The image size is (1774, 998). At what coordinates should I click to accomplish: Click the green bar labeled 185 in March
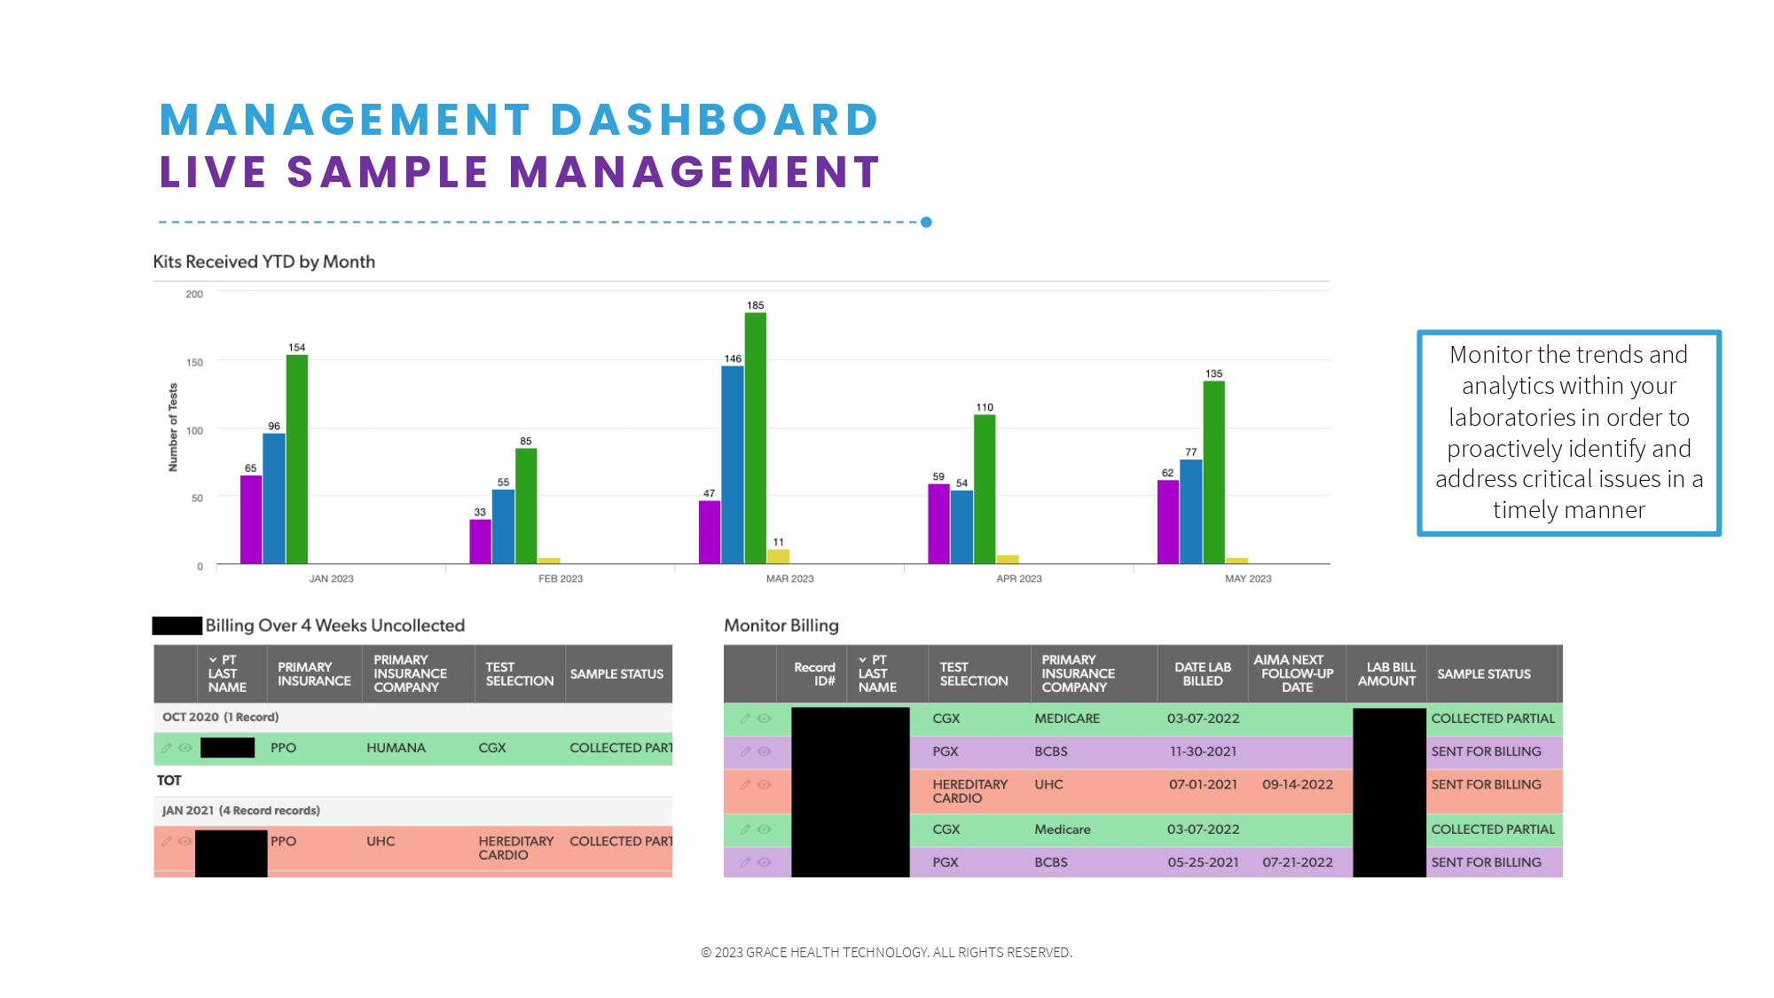[755, 438]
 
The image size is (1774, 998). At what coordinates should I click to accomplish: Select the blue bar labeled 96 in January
[274, 499]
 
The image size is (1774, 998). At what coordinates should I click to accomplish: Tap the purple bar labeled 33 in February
[480, 542]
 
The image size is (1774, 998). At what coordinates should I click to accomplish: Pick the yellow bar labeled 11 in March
[778, 557]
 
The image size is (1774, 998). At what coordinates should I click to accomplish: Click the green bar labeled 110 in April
[985, 489]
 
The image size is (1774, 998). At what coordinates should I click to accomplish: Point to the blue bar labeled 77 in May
[1190, 511]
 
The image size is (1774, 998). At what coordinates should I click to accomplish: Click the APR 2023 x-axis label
[1018, 578]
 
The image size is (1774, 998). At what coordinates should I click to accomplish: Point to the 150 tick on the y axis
[194, 362]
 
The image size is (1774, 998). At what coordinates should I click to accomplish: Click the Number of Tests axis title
[173, 428]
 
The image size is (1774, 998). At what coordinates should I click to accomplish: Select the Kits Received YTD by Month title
[263, 262]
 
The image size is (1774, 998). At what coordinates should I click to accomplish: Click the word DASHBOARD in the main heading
[714, 120]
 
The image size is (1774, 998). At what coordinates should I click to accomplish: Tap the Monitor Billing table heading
[781, 625]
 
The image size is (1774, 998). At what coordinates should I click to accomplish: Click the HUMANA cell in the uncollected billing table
[396, 748]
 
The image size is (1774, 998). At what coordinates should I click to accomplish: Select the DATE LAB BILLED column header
[1202, 674]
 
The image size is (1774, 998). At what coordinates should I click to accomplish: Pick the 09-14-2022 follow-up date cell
[1297, 784]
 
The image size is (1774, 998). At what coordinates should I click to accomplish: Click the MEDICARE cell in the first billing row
[1066, 719]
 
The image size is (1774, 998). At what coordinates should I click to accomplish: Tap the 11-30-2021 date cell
[1202, 751]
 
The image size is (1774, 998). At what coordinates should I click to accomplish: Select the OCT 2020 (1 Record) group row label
[220, 717]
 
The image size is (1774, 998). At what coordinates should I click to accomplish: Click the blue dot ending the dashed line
[926, 222]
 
